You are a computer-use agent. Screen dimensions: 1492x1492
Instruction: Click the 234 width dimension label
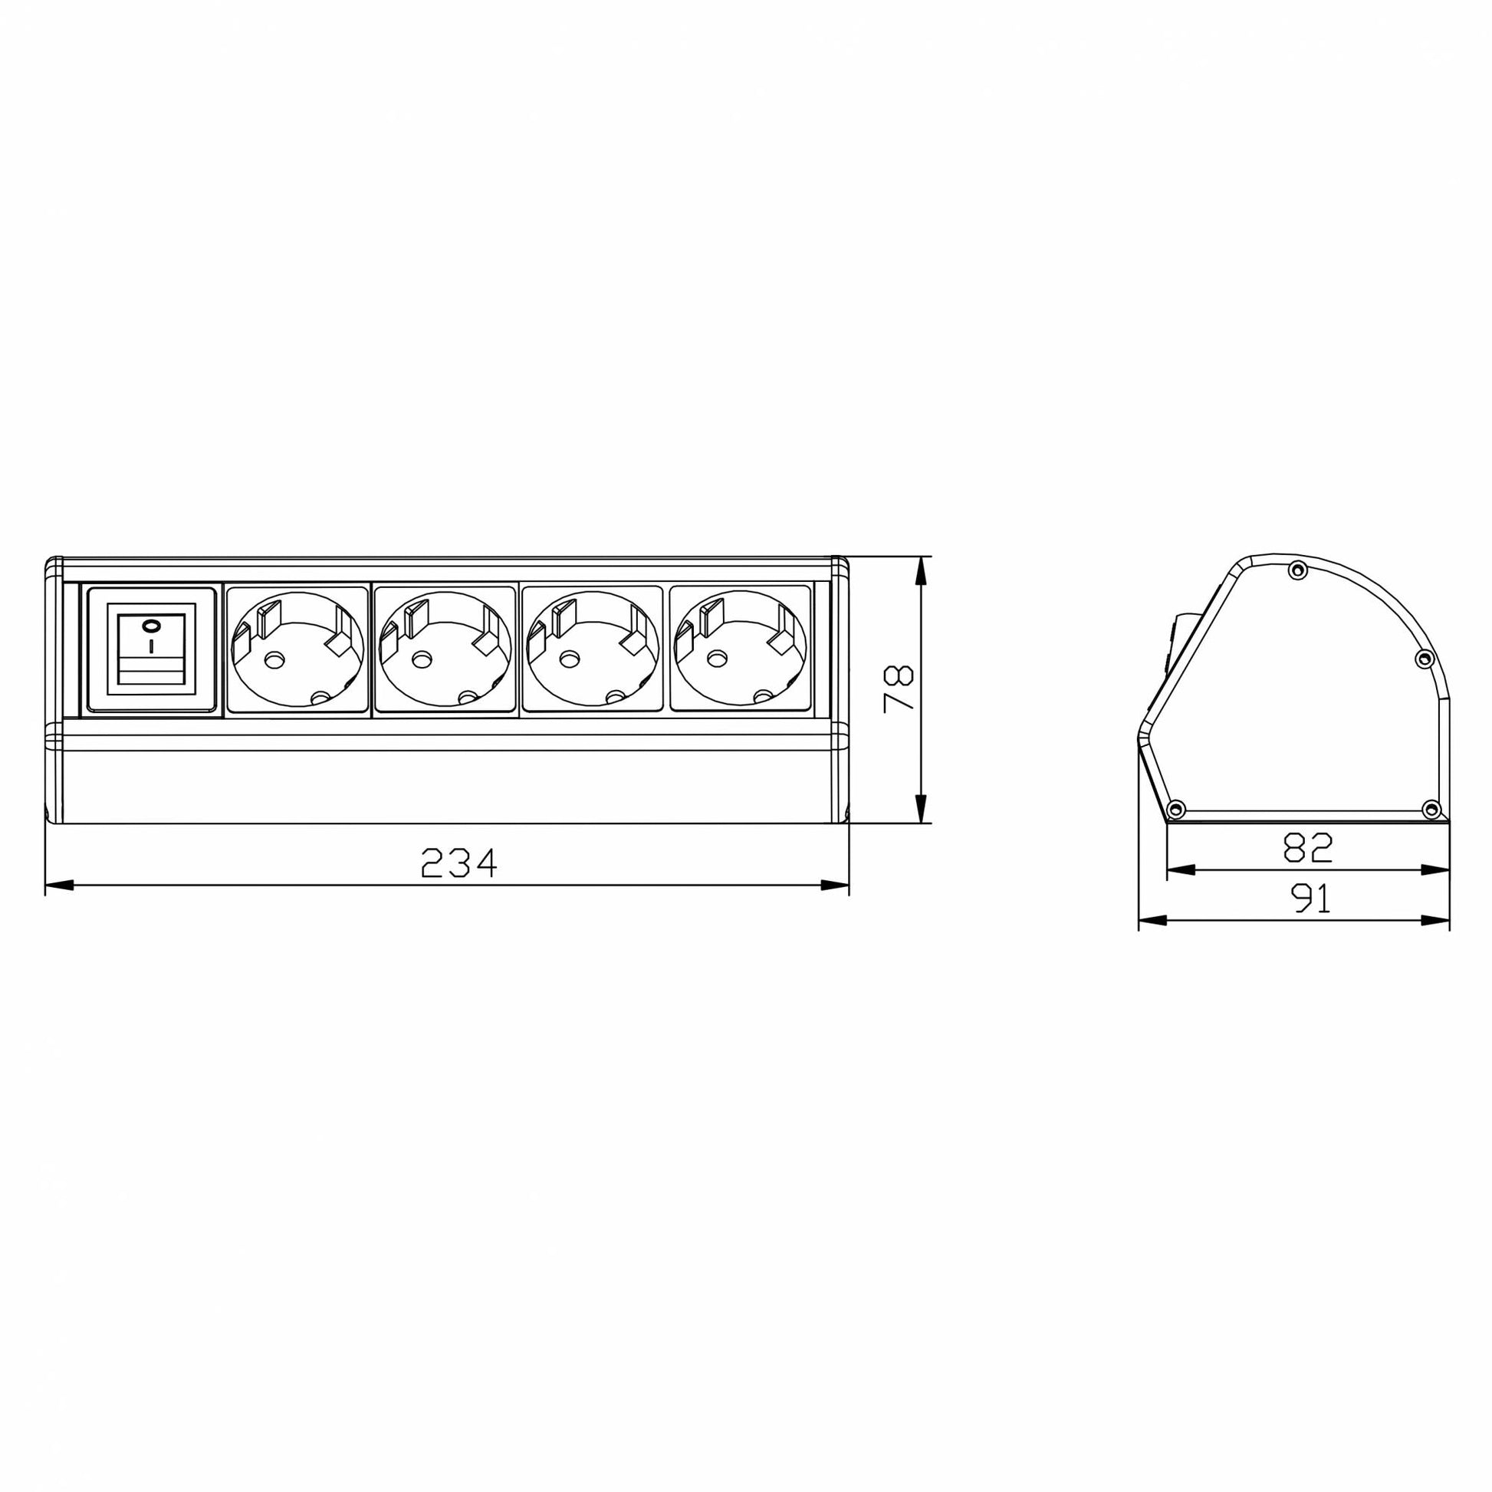[x=459, y=863]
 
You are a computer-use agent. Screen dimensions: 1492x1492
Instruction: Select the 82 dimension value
[x=1308, y=848]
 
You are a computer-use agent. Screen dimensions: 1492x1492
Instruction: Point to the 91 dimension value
[x=1310, y=899]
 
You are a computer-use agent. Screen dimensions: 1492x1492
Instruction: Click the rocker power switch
[x=150, y=649]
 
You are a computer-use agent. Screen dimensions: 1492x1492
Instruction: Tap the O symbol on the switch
[x=151, y=625]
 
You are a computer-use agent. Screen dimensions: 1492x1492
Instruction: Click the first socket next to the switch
[x=297, y=649]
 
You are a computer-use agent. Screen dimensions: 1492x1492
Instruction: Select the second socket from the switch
[x=445, y=649]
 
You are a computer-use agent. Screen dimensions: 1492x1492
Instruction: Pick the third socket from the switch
[x=593, y=649]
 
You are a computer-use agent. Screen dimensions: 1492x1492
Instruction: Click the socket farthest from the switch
[x=741, y=649]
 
